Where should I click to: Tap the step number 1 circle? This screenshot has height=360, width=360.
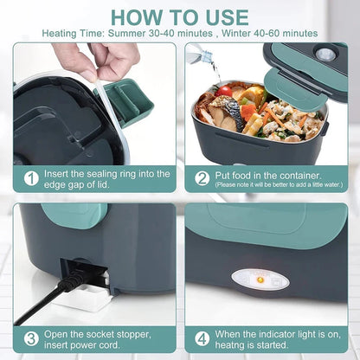pos(31,177)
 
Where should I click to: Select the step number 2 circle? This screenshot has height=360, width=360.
pos(202,177)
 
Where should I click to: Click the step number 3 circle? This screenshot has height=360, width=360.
pos(31,338)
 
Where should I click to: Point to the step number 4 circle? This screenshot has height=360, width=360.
pos(202,338)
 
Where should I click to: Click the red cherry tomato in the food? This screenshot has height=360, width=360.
pos(226,90)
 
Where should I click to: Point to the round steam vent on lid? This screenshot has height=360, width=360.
pos(326,54)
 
